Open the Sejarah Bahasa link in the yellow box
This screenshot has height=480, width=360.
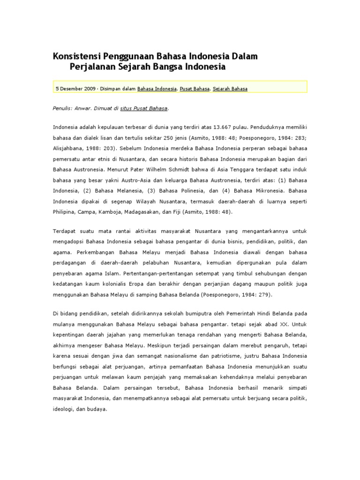(230, 88)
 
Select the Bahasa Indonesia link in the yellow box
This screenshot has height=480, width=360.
(157, 88)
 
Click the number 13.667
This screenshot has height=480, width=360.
(224, 127)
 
